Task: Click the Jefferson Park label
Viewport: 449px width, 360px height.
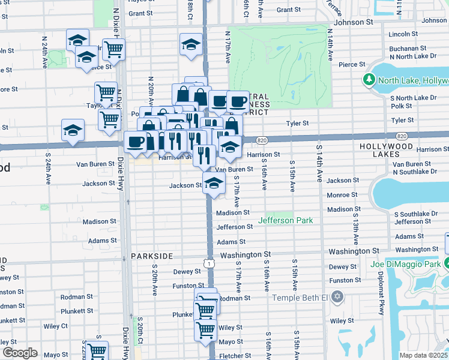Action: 285,221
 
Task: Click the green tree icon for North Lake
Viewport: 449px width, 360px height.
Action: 369,80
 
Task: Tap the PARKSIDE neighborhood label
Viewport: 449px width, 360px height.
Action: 152,256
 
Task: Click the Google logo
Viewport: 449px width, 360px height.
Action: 20,352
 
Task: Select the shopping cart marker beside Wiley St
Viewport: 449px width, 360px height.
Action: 205,329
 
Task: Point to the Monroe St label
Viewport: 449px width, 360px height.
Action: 342,195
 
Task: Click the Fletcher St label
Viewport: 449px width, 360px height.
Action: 231,356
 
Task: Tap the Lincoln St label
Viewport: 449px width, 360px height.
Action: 403,34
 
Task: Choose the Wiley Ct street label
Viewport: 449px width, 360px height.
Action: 55,326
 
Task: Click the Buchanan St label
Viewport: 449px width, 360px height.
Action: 403,46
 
